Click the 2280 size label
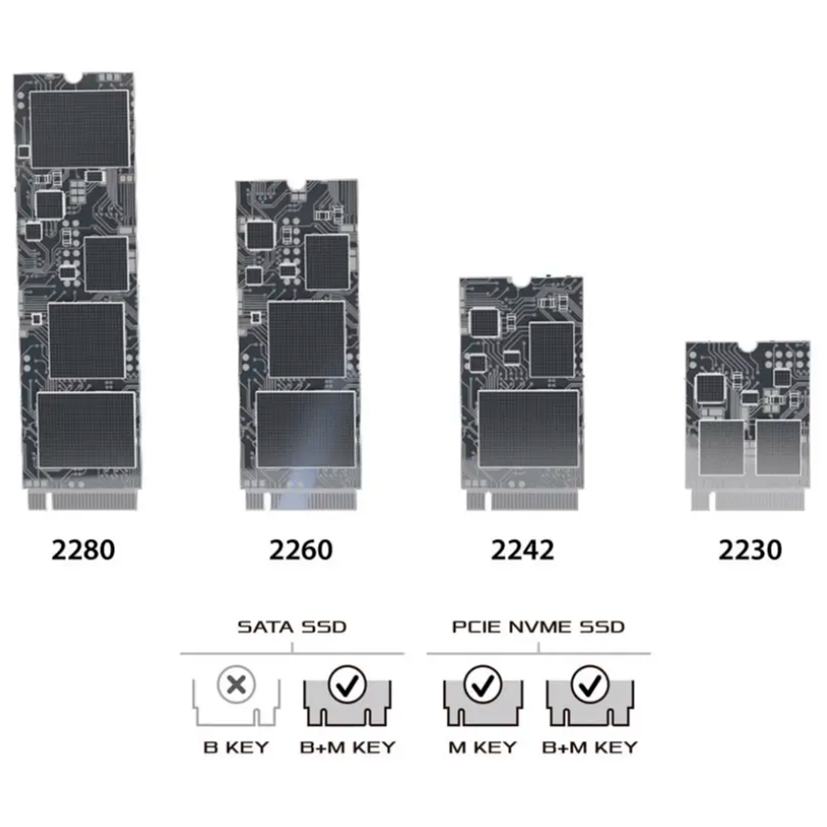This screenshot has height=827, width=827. [x=84, y=550]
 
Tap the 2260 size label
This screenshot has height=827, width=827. [x=301, y=550]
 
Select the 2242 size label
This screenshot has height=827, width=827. [x=522, y=550]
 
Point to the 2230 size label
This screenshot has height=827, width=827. [x=749, y=550]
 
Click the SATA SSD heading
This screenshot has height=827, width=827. [x=292, y=627]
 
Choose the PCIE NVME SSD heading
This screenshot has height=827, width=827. [x=538, y=627]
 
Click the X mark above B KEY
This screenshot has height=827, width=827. [x=236, y=685]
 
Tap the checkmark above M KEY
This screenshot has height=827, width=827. [x=483, y=685]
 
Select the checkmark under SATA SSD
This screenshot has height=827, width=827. [x=347, y=685]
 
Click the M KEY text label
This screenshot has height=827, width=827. [x=482, y=748]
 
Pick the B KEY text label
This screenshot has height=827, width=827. [x=236, y=748]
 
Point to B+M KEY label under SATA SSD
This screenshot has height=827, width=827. [x=347, y=748]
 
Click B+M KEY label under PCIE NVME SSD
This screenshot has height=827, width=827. [x=590, y=748]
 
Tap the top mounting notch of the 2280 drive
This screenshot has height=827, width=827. [x=74, y=78]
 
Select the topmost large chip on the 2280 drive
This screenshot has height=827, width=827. [x=79, y=129]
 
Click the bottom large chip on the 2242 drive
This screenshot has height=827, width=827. [x=528, y=428]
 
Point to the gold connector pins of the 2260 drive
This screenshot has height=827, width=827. [x=301, y=500]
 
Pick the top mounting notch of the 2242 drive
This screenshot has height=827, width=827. [x=520, y=283]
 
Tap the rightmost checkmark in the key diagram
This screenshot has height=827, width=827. [x=590, y=685]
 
